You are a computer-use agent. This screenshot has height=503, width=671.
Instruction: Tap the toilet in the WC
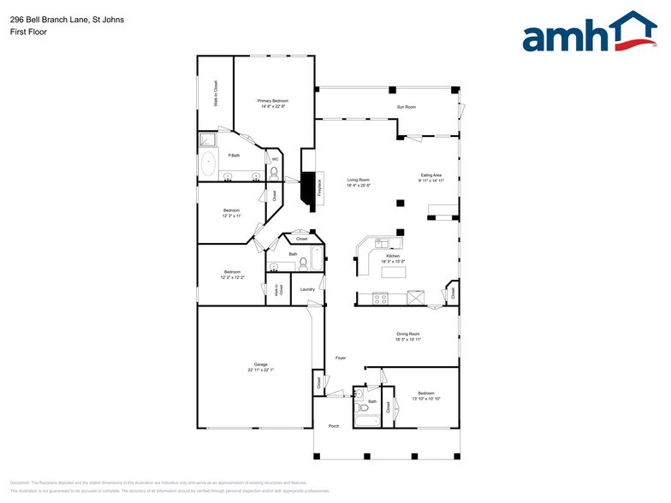coord(274,173)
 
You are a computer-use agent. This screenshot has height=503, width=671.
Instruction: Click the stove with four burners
coord(381,299)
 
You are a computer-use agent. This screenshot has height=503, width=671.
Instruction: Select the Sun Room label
coord(406,107)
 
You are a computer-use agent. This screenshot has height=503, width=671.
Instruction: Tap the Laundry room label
coord(308,289)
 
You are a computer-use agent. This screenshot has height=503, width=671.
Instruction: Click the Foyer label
coord(340,358)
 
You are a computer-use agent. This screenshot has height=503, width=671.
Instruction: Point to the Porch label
coord(334,425)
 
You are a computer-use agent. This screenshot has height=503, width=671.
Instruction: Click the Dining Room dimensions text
coord(407,340)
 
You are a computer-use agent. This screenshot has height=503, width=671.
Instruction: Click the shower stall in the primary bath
coord(208,140)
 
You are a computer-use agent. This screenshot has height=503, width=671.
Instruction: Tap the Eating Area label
coord(430,175)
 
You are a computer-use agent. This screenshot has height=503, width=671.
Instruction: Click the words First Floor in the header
coord(28,32)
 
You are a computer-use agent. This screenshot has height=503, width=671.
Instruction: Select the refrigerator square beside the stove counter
coord(416,298)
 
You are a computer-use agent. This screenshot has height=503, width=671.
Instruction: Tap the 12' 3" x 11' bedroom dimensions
coord(232,216)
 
